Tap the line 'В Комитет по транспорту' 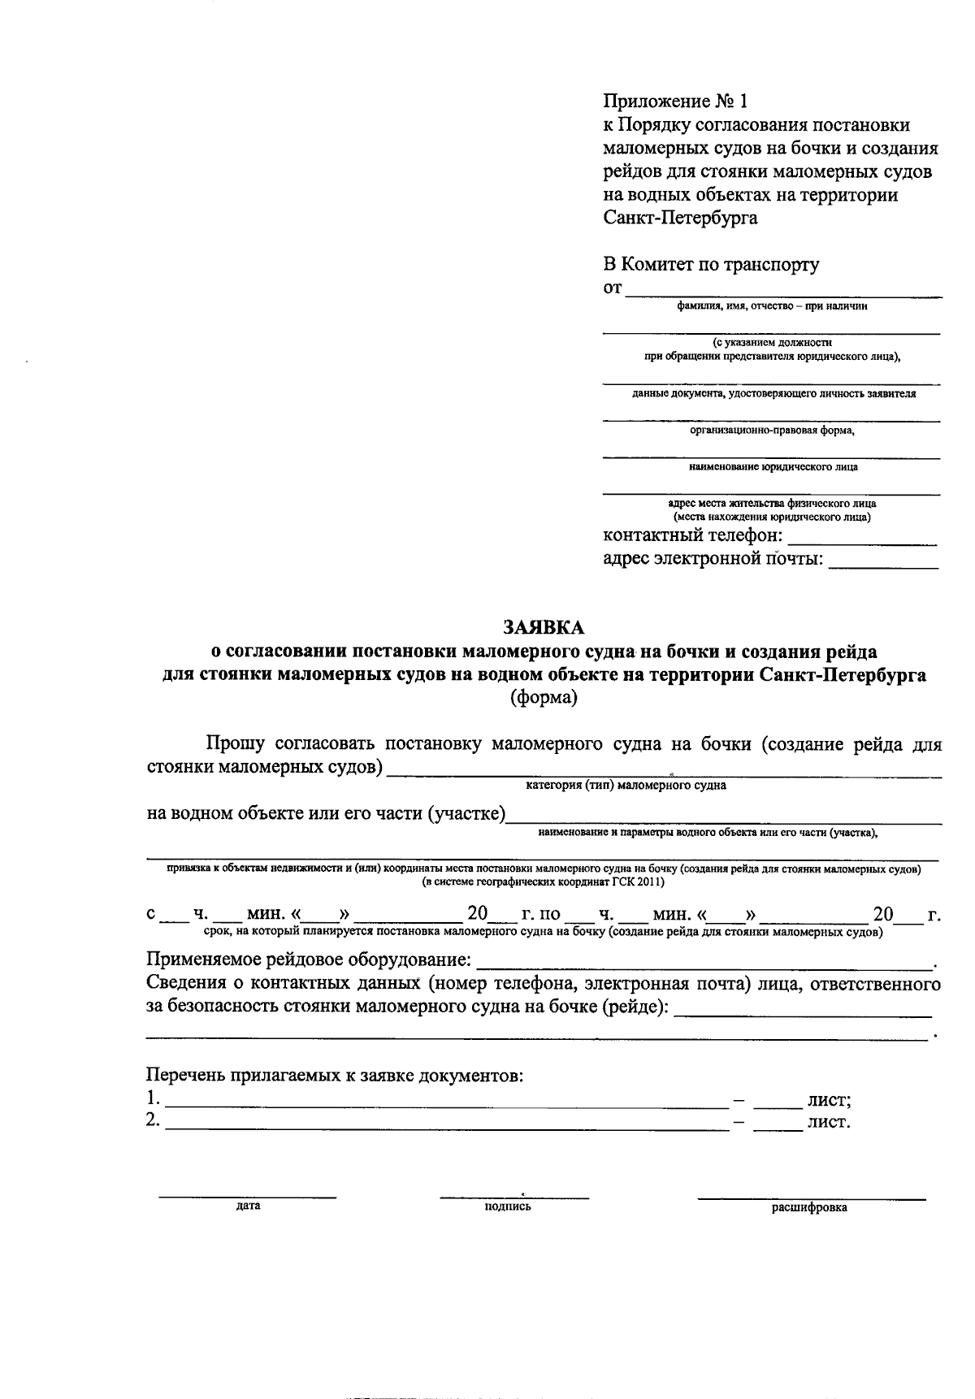click(x=711, y=264)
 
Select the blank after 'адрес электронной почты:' click(x=882, y=561)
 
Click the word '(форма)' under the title click(x=544, y=698)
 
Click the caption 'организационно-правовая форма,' click(x=772, y=431)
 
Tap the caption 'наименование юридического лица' click(x=772, y=467)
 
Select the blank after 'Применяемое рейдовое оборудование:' click(x=704, y=962)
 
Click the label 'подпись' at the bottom click(x=507, y=1206)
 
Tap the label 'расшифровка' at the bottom click(x=809, y=1207)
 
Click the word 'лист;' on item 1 click(x=829, y=1101)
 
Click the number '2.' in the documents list click(x=152, y=1121)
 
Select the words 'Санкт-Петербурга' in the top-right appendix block click(x=680, y=218)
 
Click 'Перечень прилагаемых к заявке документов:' click(x=335, y=1076)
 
